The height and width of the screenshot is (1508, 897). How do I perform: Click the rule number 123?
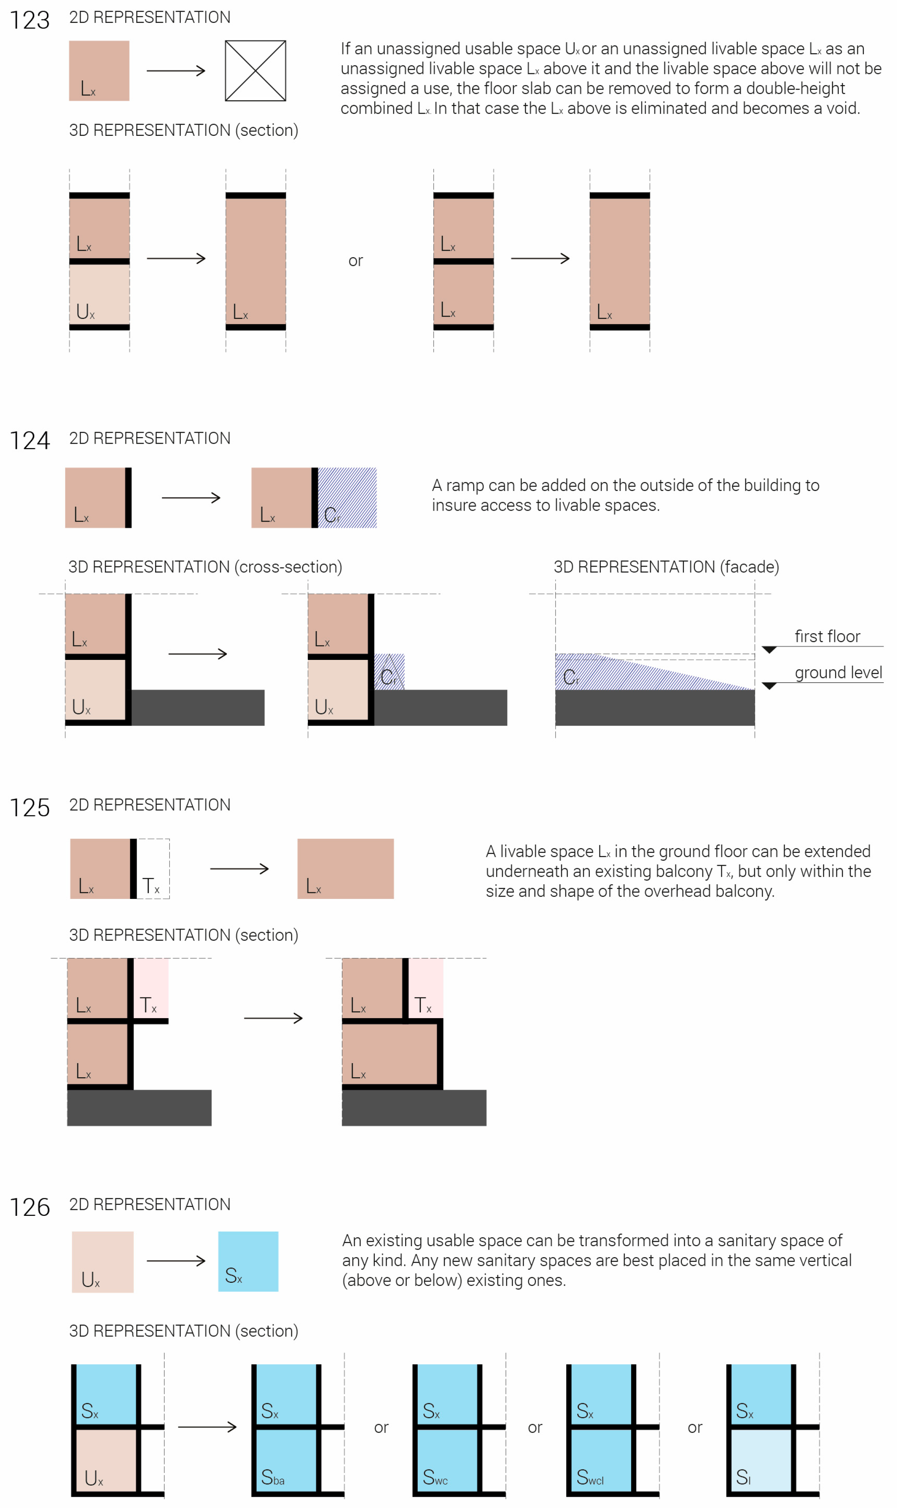tap(30, 20)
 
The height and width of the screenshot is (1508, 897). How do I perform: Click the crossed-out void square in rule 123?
tap(255, 71)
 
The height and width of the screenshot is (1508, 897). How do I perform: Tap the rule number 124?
tap(30, 441)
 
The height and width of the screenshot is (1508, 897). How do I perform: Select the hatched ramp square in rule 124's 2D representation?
tap(347, 497)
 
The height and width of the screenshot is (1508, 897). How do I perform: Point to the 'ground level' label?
tap(838, 673)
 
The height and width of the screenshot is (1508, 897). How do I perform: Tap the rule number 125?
tap(30, 808)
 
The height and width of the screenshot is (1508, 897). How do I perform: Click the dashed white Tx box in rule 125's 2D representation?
tap(153, 869)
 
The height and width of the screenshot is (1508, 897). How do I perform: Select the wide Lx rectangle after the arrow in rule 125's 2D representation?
tap(345, 869)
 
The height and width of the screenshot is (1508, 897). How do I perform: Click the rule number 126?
tap(30, 1207)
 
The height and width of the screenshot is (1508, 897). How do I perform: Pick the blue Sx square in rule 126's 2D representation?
tap(248, 1262)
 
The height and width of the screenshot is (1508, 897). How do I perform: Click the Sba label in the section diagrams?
tap(272, 1477)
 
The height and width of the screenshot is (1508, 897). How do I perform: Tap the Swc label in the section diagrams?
tap(435, 1477)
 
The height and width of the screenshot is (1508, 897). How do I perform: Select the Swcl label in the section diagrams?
tap(590, 1477)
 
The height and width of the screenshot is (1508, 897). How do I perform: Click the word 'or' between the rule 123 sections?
tap(356, 261)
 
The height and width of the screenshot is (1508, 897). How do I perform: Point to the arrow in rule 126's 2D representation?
tap(176, 1261)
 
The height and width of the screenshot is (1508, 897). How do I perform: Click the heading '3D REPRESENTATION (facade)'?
tap(666, 567)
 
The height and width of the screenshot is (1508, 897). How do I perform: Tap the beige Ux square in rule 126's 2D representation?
tap(102, 1262)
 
